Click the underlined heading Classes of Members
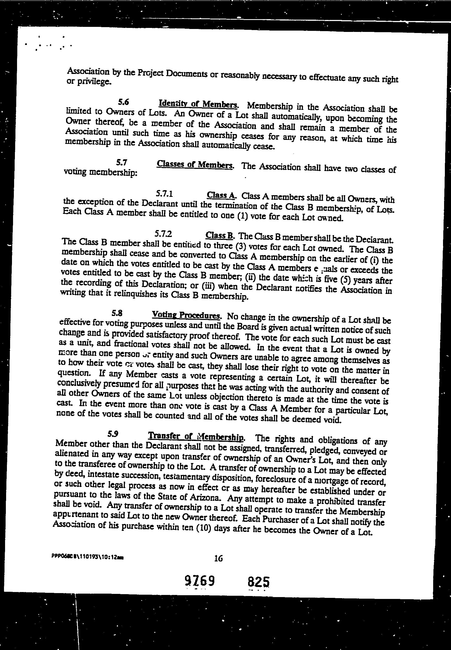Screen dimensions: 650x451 pos(195,165)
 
